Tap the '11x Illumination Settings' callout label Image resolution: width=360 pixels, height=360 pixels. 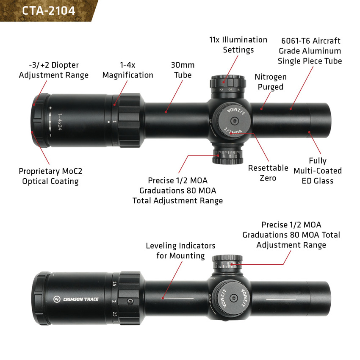tap(238, 45)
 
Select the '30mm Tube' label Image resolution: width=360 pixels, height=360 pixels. tap(183, 70)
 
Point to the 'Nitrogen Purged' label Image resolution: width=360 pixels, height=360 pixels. tap(270, 82)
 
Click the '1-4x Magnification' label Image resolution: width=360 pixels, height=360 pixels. tap(127, 70)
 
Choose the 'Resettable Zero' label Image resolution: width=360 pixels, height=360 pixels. tap(268, 173)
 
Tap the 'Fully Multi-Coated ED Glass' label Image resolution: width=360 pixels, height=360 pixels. tap(317, 171)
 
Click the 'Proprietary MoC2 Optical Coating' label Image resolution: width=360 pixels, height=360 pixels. tap(49, 176)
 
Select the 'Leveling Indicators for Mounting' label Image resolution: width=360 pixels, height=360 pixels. tap(180, 251)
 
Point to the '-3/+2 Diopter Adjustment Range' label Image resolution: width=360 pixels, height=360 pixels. tap(54, 70)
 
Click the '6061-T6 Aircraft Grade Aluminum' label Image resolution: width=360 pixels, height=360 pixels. tap(310, 51)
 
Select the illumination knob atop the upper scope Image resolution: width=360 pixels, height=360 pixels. tap(228, 84)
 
